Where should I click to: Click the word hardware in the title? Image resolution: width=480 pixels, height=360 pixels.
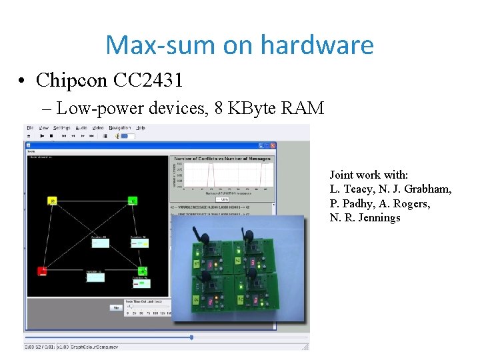[317, 45]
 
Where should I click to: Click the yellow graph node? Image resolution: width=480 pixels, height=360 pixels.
[52, 200]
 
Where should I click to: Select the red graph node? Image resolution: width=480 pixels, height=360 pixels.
[42, 270]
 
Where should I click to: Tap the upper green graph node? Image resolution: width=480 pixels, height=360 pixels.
[133, 200]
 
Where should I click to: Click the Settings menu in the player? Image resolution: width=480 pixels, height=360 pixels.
[62, 128]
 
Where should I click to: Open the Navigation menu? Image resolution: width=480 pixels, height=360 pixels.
[120, 128]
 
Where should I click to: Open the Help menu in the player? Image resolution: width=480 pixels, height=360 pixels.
[141, 128]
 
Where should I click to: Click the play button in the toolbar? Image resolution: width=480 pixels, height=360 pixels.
[42, 136]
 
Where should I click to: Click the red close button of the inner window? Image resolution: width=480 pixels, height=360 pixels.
[273, 145]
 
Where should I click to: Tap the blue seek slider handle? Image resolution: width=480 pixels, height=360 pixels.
[191, 337]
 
